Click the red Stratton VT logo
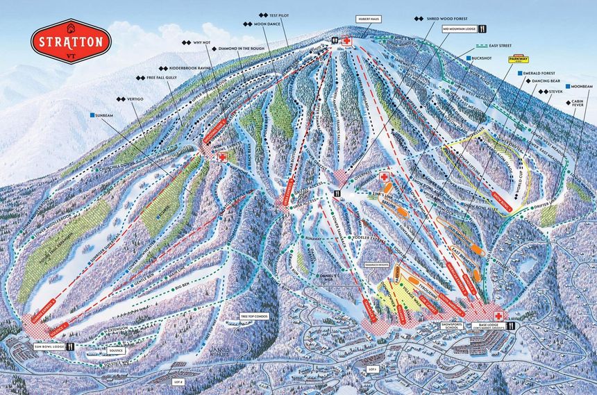(x=71, y=41)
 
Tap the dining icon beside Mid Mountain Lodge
(x=482, y=30)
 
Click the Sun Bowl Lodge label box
(x=47, y=344)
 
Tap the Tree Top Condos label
(x=253, y=317)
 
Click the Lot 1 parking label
(x=372, y=369)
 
